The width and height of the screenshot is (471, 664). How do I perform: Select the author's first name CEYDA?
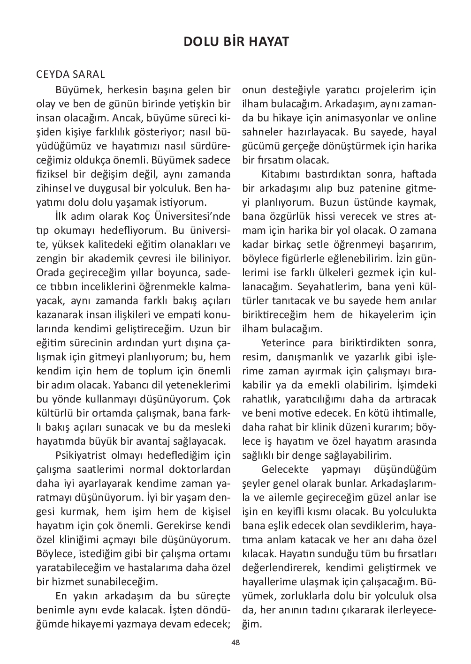point(53,75)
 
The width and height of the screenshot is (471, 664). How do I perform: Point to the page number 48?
point(235,643)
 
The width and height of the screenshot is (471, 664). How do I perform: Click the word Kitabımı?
point(280,174)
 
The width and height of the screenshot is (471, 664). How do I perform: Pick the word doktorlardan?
point(200,470)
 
